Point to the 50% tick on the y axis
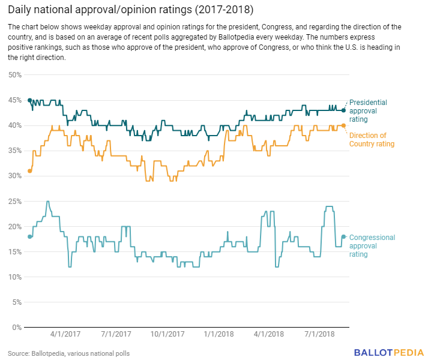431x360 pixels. tap(15, 75)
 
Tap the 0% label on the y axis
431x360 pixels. tap(17, 328)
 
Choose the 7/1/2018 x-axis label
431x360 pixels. tap(320, 333)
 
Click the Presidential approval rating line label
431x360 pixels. tap(368, 111)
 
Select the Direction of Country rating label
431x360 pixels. tap(372, 140)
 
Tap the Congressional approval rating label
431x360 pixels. tap(372, 246)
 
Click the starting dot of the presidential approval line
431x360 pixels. tap(30, 100)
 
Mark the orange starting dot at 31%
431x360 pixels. tap(30, 171)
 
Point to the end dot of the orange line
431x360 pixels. tap(343, 125)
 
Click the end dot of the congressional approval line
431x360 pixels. tap(343, 236)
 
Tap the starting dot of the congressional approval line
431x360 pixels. tap(30, 236)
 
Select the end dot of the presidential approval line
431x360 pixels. tap(343, 110)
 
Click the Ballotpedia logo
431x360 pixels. tap(389, 352)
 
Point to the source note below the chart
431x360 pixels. tap(68, 353)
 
